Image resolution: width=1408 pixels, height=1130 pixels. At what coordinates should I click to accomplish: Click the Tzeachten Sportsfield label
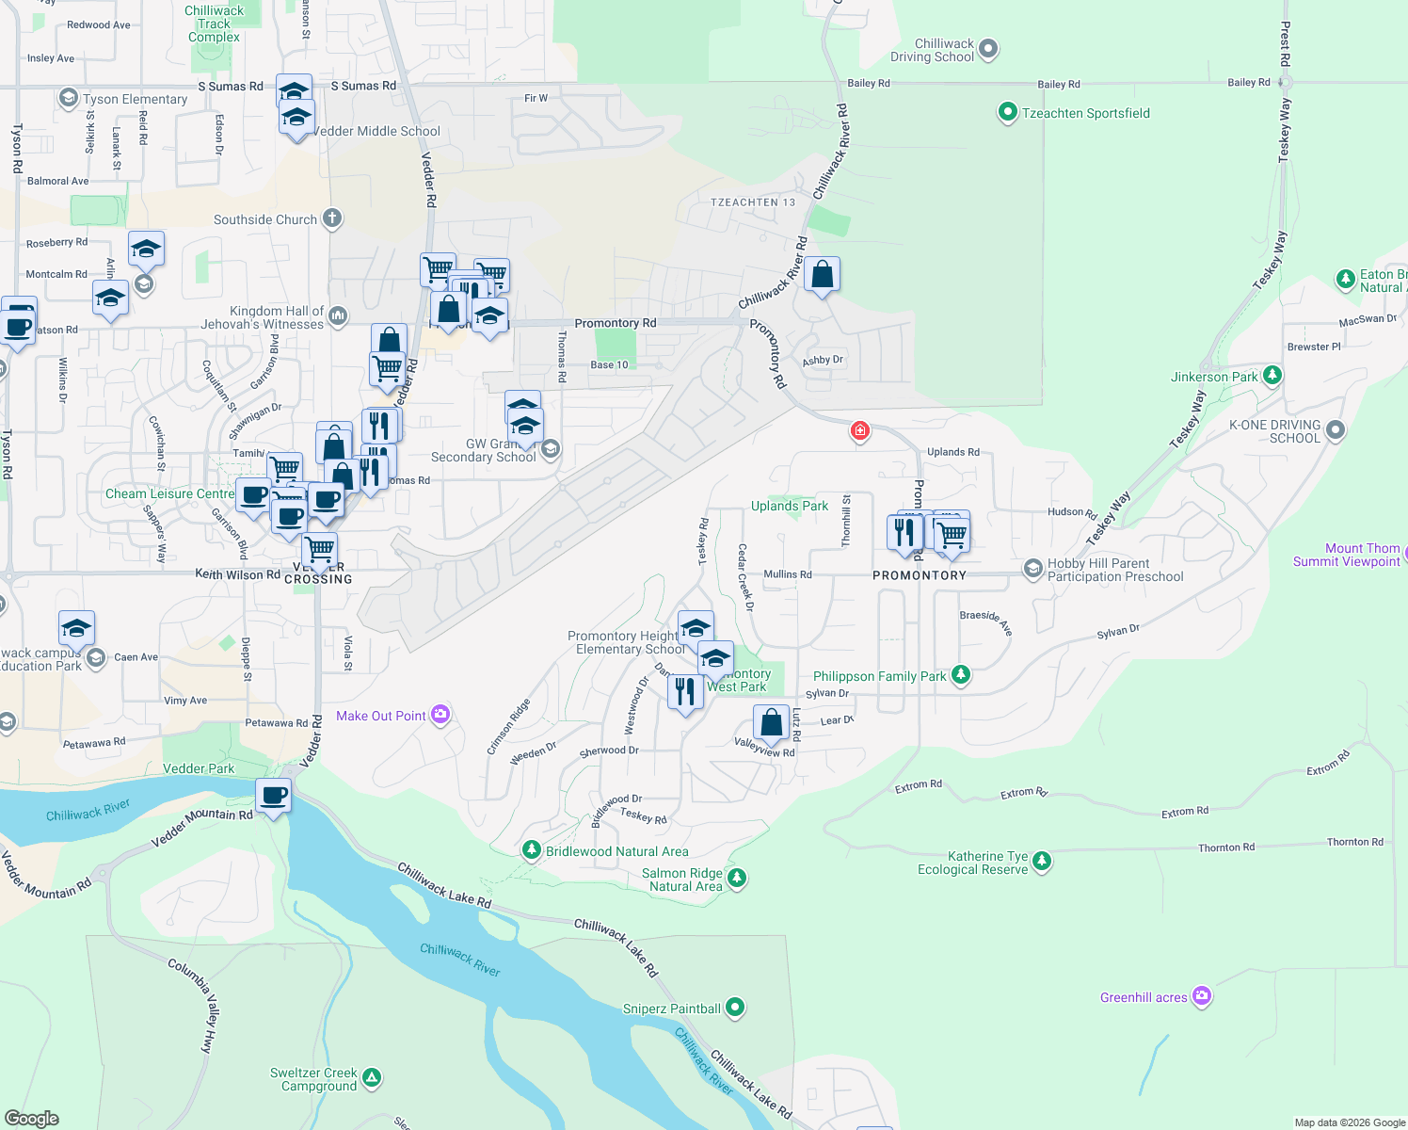pos(1085,113)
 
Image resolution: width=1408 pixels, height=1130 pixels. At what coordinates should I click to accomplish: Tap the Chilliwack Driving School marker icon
pos(987,49)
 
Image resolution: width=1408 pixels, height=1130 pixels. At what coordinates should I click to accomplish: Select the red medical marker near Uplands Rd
pos(859,430)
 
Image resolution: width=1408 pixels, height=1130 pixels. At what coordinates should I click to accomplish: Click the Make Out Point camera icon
pos(440,715)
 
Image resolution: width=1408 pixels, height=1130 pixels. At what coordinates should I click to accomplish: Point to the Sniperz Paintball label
pos(671,1009)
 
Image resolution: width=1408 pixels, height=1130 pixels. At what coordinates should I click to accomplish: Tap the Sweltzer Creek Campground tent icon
pos(372,1077)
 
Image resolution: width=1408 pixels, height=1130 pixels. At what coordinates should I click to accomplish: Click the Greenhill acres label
pos(1144,997)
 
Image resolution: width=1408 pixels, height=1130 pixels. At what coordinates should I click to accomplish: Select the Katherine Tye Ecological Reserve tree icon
pos(1041,861)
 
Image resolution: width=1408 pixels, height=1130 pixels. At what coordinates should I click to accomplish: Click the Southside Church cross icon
pos(331,218)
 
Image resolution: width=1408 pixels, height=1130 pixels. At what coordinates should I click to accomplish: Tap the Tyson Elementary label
pos(135,99)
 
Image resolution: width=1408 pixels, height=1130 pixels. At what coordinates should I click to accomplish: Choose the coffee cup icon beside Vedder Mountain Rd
pos(274,797)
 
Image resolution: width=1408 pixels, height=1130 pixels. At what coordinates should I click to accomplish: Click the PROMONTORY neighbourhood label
pos(920,575)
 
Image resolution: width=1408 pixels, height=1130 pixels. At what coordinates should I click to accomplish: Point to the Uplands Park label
pos(790,506)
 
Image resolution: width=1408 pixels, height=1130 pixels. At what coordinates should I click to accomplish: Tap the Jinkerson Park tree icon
pos(1272,376)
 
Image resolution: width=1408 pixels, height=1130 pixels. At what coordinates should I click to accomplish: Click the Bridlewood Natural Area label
pos(617,851)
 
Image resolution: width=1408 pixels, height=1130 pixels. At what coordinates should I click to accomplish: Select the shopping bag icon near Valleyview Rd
pos(771,723)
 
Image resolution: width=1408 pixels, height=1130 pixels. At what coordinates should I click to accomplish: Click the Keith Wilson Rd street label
pos(237,573)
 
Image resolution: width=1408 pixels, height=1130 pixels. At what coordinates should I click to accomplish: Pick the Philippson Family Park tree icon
pos(960,674)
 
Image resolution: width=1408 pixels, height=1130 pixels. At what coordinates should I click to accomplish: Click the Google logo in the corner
pos(31,1119)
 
